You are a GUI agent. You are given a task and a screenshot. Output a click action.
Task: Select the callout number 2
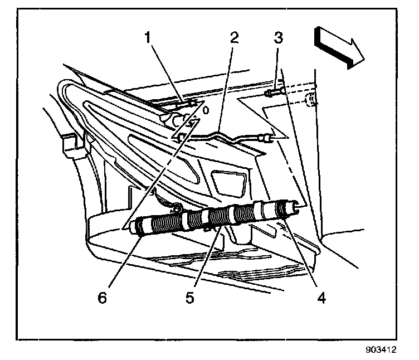coord(233,39)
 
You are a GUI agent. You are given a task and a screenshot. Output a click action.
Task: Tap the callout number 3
coord(277,38)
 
